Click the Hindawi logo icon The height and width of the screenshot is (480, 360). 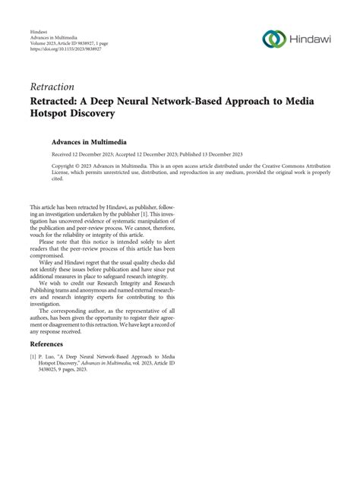click(x=273, y=39)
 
